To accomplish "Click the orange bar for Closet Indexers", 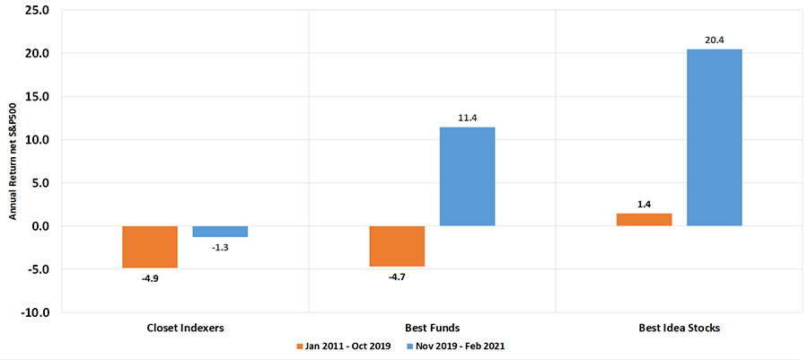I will [x=150, y=246].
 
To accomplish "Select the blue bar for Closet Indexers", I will [x=220, y=232].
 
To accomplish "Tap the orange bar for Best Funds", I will [x=397, y=246].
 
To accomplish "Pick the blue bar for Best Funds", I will [x=467, y=177].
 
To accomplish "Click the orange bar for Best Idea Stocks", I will [x=644, y=220].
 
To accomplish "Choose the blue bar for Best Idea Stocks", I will [x=714, y=137].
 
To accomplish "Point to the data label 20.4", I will [x=714, y=40].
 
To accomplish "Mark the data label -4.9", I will [x=150, y=277].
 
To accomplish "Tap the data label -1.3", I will [x=220, y=247].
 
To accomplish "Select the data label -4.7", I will [x=397, y=277].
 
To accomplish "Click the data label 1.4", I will [x=644, y=204].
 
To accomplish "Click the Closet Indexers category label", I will [x=185, y=329].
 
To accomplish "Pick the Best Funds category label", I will [x=432, y=329].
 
